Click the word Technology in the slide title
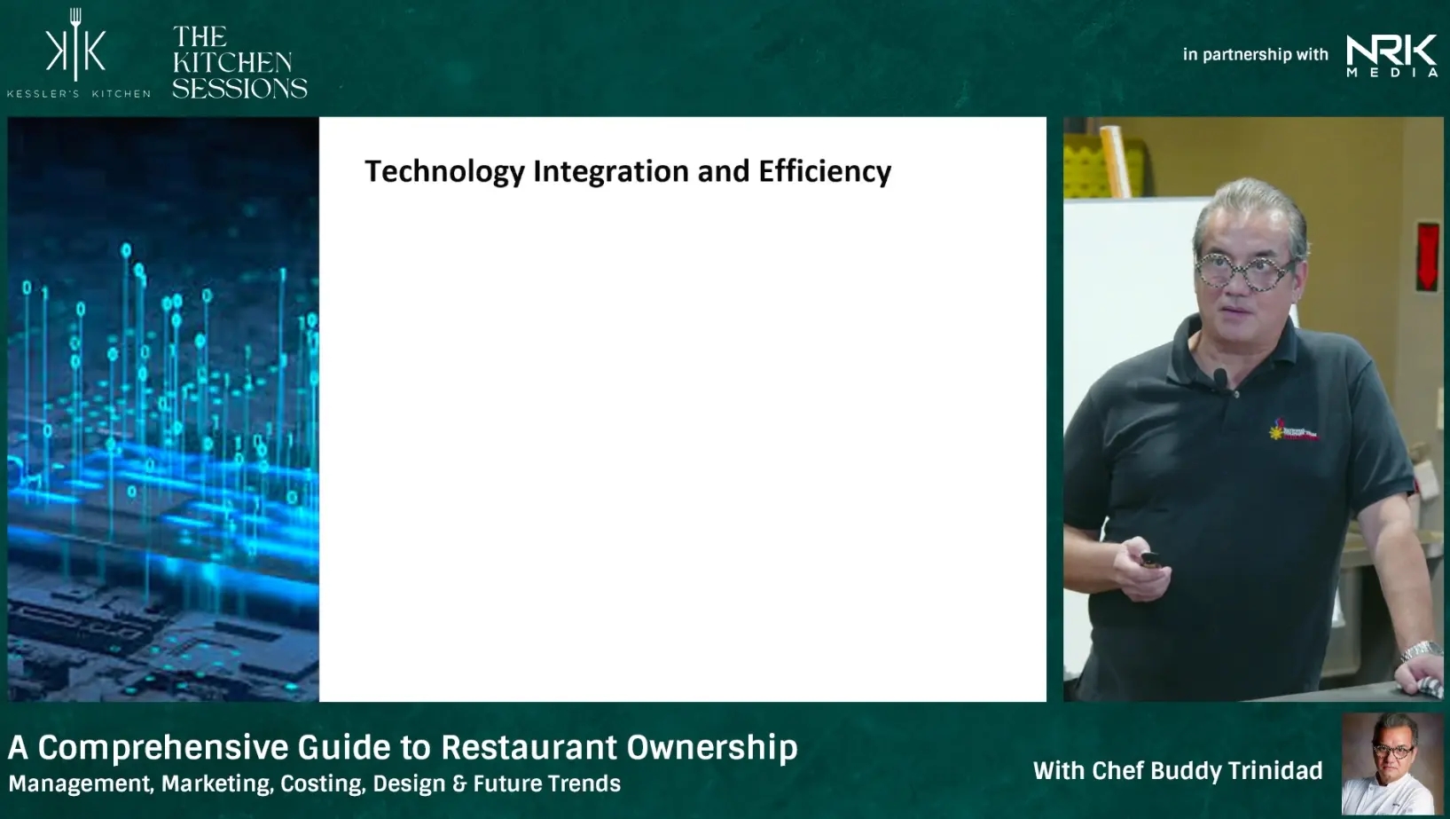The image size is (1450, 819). pyautogui.click(x=444, y=172)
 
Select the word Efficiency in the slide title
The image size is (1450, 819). pyautogui.click(x=825, y=172)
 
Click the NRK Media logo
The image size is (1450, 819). pyautogui.click(x=1391, y=56)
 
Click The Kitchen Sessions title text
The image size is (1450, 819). pyautogui.click(x=239, y=62)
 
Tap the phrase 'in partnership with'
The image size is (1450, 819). pyautogui.click(x=1255, y=54)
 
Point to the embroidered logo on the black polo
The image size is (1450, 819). pyautogui.click(x=1293, y=430)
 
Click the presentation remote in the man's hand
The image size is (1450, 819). pyautogui.click(x=1150, y=559)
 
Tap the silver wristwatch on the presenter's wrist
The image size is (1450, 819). pyautogui.click(x=1421, y=650)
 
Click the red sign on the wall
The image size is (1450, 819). pyautogui.click(x=1427, y=256)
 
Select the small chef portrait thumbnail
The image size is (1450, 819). pyautogui.click(x=1391, y=764)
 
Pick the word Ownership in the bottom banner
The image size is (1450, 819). pyautogui.click(x=712, y=748)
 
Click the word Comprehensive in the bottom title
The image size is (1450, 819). pyautogui.click(x=163, y=748)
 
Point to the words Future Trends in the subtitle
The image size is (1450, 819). pyautogui.click(x=547, y=784)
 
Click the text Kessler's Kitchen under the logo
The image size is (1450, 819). pyautogui.click(x=79, y=94)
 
